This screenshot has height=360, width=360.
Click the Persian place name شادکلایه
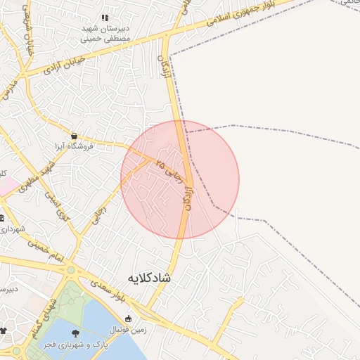149,278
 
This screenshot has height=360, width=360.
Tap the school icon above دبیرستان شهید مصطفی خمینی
105,18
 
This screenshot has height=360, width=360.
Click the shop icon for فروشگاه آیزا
74,136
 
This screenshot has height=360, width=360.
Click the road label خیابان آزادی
64,65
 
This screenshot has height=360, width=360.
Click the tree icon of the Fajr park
75,333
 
